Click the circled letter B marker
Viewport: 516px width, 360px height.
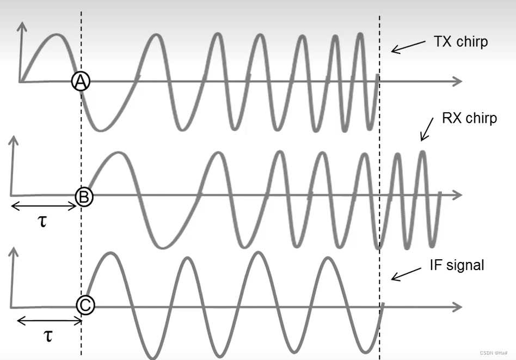coord(84,196)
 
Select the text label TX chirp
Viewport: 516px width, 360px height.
coord(460,42)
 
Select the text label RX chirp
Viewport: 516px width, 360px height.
coord(469,118)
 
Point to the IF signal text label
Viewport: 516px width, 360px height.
coord(456,265)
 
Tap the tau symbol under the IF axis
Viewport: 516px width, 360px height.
coord(48,335)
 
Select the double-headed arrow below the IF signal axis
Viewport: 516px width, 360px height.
coord(49,320)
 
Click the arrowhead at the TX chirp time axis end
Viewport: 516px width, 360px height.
coord(457,82)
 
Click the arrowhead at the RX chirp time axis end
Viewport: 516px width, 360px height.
coord(457,195)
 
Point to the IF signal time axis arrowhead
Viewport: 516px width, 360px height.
coord(457,307)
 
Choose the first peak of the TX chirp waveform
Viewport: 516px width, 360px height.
coord(56,35)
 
